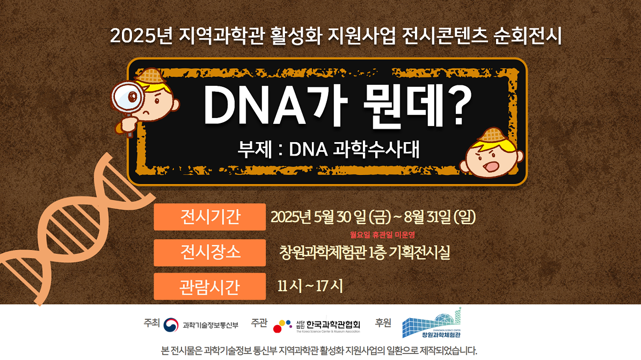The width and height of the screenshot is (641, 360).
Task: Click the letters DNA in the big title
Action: tap(255, 106)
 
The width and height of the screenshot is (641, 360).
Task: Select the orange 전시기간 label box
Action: tap(210, 217)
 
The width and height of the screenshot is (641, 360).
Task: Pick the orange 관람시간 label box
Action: tap(210, 286)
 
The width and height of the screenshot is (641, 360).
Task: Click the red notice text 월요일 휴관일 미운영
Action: tap(382, 234)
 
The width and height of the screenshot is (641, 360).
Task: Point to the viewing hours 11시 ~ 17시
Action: tap(310, 286)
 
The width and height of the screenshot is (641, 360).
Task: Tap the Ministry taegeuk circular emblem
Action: tap(171, 325)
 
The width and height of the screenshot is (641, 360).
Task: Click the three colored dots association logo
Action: tap(282, 326)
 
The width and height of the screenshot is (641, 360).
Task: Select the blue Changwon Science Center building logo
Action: tap(432, 323)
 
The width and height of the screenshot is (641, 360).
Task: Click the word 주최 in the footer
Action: tap(151, 323)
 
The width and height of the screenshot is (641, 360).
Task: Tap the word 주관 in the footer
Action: tap(259, 323)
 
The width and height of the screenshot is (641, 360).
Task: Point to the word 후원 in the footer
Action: tap(383, 323)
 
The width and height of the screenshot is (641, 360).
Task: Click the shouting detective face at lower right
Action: tap(491, 155)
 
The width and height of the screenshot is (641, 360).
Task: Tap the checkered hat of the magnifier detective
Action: tap(150, 76)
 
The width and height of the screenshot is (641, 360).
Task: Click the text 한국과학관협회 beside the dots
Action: tap(333, 325)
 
